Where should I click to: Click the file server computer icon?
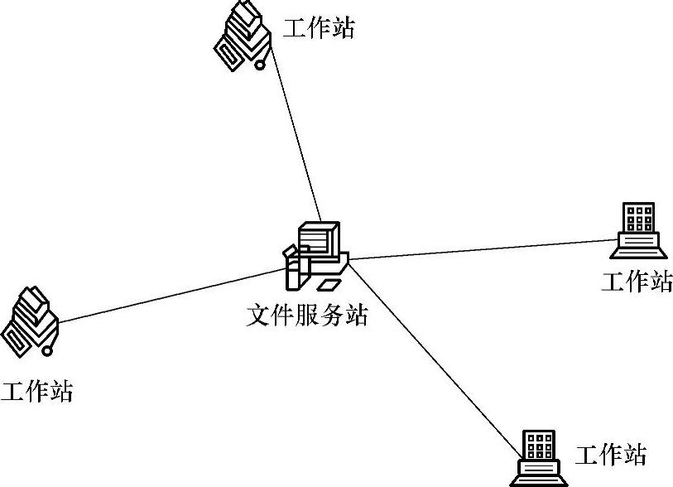tap(315, 255)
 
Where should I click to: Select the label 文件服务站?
tap(307, 316)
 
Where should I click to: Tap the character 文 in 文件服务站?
tap(259, 316)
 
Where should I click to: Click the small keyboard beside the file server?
tap(329, 285)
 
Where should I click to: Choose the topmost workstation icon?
tap(243, 36)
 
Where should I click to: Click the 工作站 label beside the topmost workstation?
tap(319, 29)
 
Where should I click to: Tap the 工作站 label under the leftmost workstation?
tap(36, 391)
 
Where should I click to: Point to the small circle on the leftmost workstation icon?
tap(47, 351)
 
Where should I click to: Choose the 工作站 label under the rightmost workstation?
tap(637, 282)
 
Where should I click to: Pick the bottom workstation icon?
tap(539, 457)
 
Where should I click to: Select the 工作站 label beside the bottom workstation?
tap(611, 455)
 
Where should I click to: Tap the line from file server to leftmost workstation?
tap(166, 295)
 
